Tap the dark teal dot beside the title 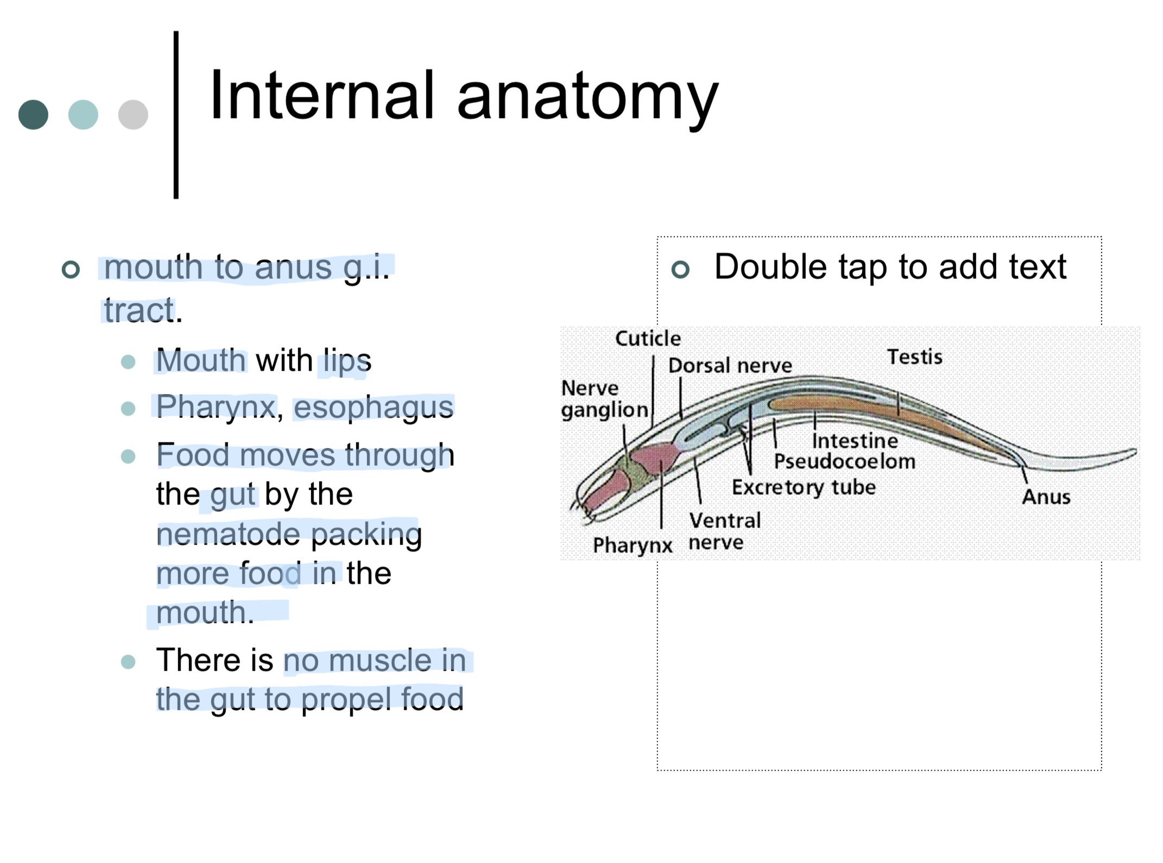(33, 115)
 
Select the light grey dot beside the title (133, 115)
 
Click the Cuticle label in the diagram (647, 339)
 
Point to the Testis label (914, 357)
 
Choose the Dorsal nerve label (730, 366)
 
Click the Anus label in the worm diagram (1046, 497)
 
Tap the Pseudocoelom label (844, 461)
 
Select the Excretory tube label (804, 487)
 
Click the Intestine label (855, 441)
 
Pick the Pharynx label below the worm (632, 545)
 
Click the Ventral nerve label (724, 531)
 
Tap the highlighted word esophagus (374, 407)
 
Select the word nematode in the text (229, 534)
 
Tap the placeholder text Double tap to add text (890, 267)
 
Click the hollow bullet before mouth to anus (71, 269)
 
